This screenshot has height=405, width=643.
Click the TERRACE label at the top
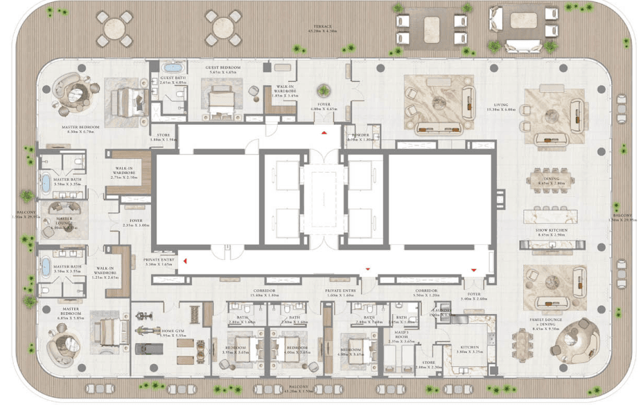(322, 26)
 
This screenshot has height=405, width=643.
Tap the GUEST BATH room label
(172, 78)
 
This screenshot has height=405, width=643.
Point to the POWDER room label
(360, 135)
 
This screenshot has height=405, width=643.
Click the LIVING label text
(501, 105)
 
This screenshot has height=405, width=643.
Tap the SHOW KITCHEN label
(550, 230)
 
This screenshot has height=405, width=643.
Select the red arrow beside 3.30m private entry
(185, 261)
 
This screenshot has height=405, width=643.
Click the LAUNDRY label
(443, 310)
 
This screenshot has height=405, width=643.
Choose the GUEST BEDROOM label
(221, 67)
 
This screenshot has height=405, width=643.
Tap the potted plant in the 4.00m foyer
(323, 90)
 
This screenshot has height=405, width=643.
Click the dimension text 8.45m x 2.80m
(550, 183)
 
